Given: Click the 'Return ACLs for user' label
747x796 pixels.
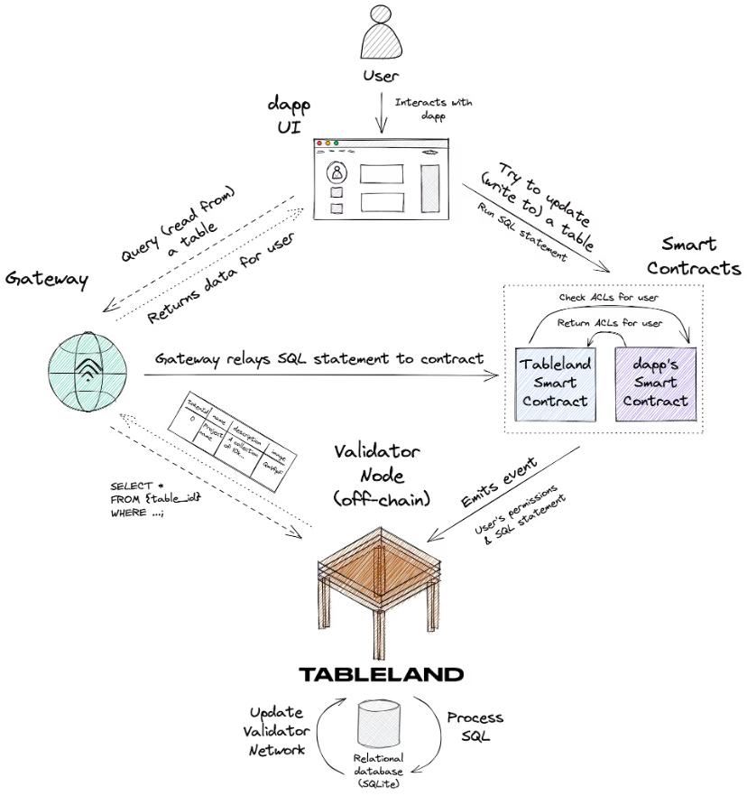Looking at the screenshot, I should coord(611,322).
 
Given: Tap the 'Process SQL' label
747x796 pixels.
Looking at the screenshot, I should coord(475,726).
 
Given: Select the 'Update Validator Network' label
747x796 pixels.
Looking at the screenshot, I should coord(279,730).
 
